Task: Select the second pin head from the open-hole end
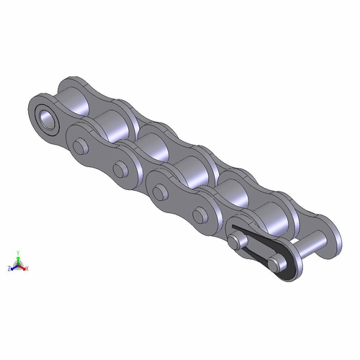click(118, 167)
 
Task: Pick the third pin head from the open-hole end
click(161, 190)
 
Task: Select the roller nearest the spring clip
click(270, 216)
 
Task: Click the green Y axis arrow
click(19, 257)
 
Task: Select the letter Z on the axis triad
click(9, 268)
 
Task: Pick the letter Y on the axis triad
click(19, 253)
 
